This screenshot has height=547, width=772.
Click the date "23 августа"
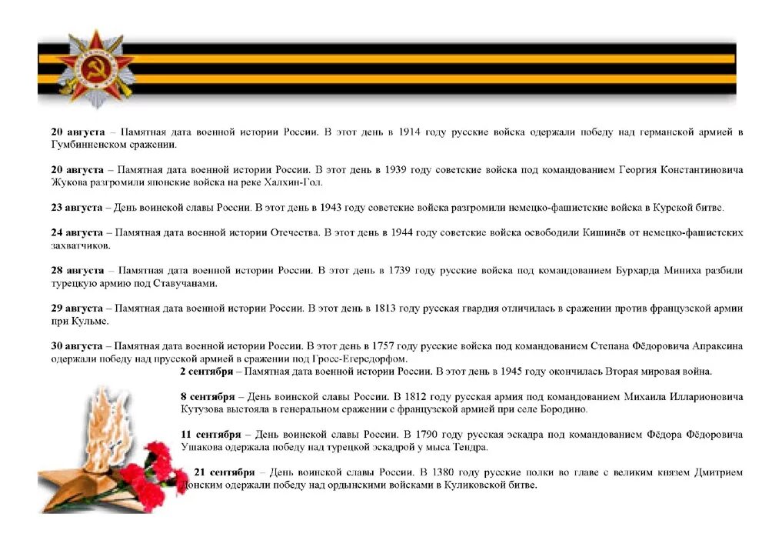[x=77, y=208]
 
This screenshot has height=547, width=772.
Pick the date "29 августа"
[x=77, y=309]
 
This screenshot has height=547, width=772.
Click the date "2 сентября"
[x=206, y=372]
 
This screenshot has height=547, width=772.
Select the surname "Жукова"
[x=69, y=182]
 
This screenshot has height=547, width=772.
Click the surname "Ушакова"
[x=203, y=447]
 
